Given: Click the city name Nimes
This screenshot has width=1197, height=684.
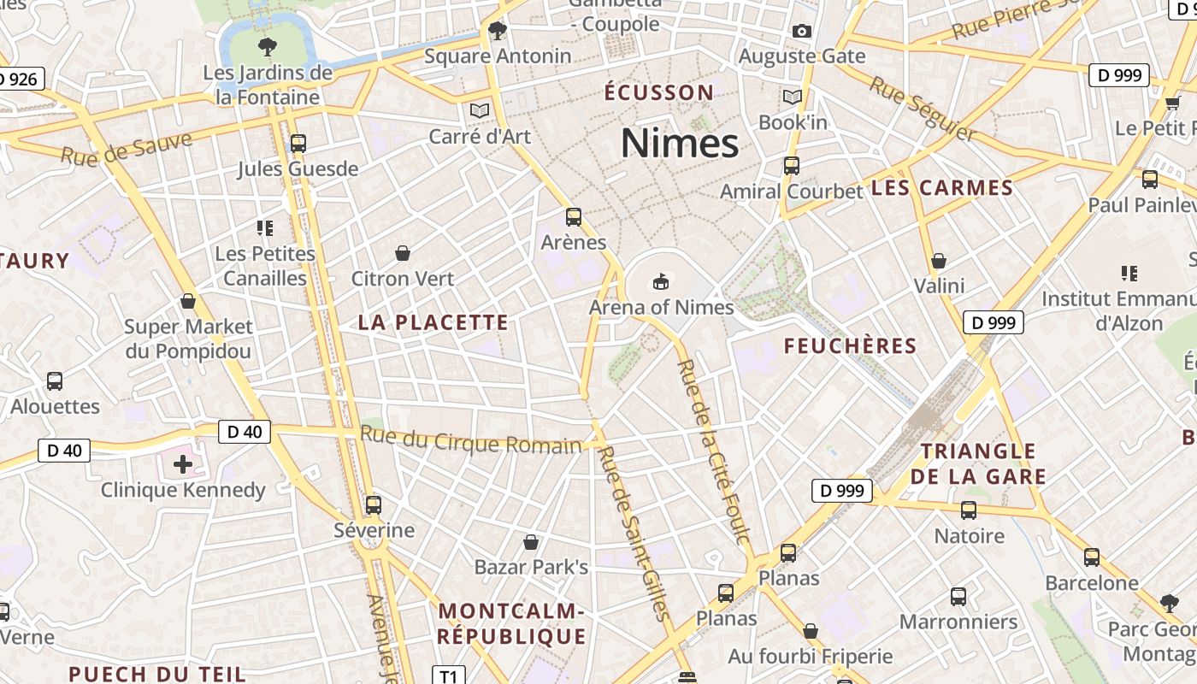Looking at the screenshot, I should click(680, 143).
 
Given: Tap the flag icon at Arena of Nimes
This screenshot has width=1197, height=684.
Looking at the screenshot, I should click(660, 280).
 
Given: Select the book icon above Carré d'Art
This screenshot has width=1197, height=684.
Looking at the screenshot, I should click(479, 110).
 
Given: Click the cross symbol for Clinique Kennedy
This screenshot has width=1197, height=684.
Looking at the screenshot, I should click(183, 464).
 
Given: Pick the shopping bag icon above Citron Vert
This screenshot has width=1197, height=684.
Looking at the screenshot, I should click(403, 253).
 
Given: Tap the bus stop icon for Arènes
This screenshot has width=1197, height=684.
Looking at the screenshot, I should click(574, 217).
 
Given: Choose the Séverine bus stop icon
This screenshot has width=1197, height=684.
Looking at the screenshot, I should click(373, 504).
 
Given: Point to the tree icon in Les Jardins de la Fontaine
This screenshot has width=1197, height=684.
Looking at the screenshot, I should click(268, 46).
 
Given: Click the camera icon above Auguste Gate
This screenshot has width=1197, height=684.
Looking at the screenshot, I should click(801, 32).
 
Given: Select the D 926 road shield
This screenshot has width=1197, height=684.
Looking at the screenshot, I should click(18, 80).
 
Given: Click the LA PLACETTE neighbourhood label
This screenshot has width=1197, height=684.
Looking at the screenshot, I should click(433, 322).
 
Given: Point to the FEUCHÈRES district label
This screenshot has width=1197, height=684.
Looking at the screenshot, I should click(850, 346).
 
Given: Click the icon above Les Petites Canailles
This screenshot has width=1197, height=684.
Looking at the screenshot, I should click(265, 227).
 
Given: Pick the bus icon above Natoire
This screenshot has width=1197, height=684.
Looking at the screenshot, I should click(969, 510).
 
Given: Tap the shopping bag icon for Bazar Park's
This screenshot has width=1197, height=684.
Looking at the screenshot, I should click(531, 542).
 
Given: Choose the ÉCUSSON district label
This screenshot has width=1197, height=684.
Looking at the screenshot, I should click(658, 92).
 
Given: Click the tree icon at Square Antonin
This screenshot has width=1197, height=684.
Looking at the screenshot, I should click(497, 32).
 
